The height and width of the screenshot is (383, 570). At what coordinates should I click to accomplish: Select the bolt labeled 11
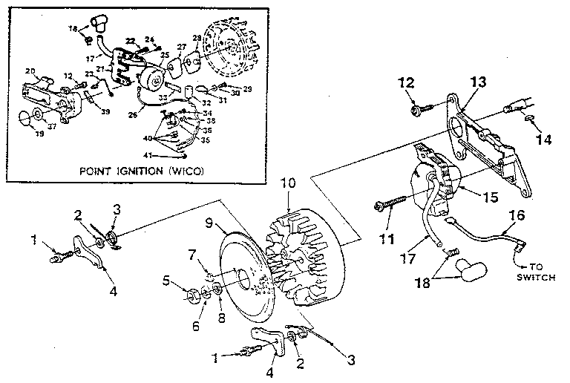point(390,202)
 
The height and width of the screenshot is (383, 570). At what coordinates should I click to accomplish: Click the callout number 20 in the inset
point(30,71)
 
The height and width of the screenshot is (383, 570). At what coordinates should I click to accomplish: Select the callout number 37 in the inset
point(53,125)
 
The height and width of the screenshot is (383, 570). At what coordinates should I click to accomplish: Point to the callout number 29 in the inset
point(247,88)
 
